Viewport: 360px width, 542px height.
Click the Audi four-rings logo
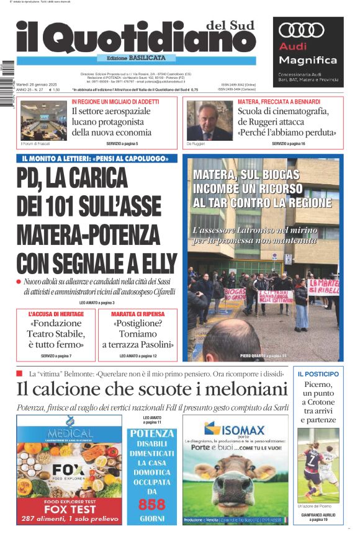[x=302, y=30]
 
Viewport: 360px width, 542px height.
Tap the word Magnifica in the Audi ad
[x=308, y=60]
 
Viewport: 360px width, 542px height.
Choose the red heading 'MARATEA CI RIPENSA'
[x=137, y=314]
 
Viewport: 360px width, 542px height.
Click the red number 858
[x=151, y=504]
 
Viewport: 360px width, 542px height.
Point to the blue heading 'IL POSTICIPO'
[x=318, y=374]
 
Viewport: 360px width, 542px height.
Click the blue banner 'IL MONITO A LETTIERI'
[x=97, y=159]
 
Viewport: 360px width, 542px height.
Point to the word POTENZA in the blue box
[x=152, y=433]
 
